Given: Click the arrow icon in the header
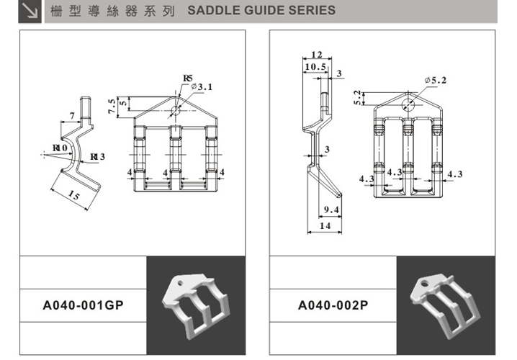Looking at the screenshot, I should [30, 11].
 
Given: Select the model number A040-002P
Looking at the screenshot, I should [333, 305].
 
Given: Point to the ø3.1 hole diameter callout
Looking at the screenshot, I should [202, 87].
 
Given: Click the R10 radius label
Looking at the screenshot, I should [60, 148].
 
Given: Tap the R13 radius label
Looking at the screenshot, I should [97, 157].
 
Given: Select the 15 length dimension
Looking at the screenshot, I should [73, 197].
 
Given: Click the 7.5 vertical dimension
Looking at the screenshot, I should [112, 106].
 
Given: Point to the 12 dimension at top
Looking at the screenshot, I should [317, 55].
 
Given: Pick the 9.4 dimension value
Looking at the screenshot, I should [331, 210].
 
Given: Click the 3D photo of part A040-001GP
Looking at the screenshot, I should [195, 305].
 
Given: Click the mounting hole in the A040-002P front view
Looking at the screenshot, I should [408, 104].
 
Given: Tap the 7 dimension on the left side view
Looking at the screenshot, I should [73, 115].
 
